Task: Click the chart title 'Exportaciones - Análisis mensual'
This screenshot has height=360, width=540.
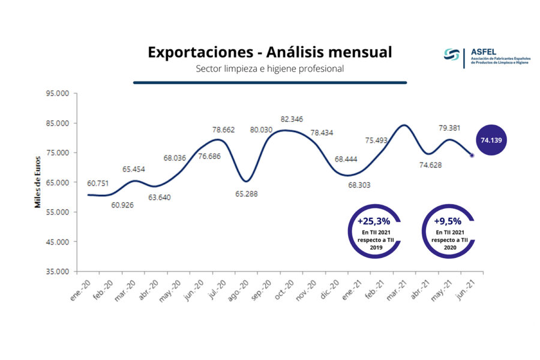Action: point(269,53)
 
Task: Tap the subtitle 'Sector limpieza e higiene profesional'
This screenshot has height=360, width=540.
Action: point(269,69)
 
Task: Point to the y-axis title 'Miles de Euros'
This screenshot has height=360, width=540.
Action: point(37,182)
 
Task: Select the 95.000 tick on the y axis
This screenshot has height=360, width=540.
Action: point(58,94)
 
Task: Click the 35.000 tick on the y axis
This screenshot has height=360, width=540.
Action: point(58,271)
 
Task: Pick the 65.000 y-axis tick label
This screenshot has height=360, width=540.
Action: point(58,182)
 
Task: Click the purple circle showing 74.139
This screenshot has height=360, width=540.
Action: point(492,140)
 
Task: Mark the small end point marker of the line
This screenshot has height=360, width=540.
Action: point(472,155)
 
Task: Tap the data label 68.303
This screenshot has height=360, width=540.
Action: point(359,185)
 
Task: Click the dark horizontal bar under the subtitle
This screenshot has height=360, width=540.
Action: point(269,83)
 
